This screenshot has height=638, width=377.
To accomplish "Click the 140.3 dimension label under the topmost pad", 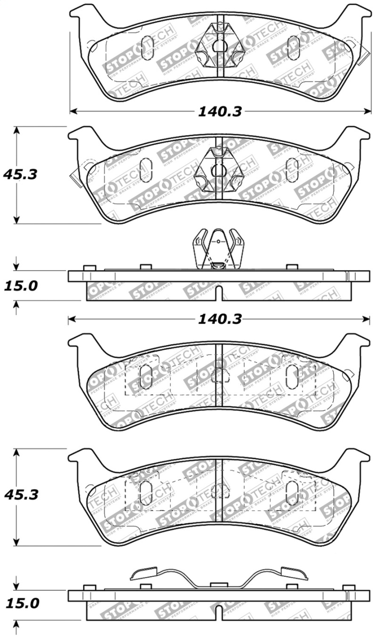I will click(219, 111).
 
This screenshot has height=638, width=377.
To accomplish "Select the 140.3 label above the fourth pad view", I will click(219, 319).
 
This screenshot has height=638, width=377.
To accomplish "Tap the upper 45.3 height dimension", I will click(20, 174).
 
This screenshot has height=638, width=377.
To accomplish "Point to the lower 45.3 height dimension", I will click(20, 495).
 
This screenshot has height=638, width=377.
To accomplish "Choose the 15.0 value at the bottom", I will click(20, 604).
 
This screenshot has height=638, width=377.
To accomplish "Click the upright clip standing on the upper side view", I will click(219, 250).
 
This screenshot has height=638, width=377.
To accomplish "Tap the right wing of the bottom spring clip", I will click(293, 573).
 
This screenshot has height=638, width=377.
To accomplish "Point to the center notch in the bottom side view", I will click(219, 613).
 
